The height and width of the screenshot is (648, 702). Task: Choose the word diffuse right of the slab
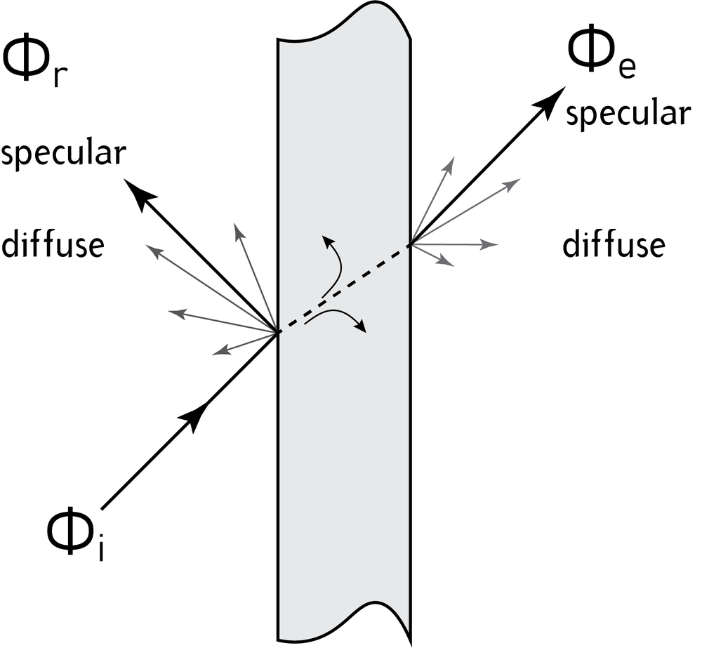(614, 245)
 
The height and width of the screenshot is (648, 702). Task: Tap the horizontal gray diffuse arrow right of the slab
(456, 244)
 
